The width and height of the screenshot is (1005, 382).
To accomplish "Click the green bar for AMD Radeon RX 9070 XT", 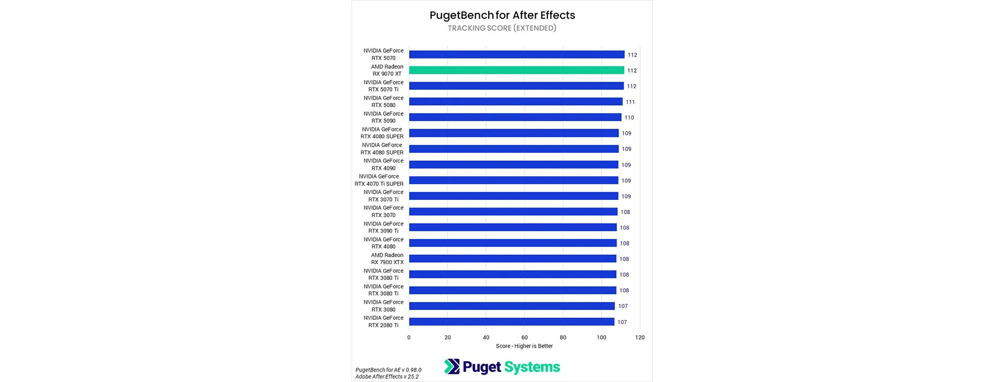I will (x=516, y=70).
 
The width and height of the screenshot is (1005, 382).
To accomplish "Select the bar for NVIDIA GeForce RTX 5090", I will (x=515, y=117).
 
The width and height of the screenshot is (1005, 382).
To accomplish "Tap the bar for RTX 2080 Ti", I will (x=511, y=321).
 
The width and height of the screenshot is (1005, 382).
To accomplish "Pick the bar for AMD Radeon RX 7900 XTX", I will (x=512, y=259).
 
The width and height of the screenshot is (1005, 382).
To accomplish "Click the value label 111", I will (x=630, y=102).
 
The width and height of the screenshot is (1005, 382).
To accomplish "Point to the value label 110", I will (x=629, y=117).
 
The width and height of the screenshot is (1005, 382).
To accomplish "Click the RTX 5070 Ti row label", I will (x=383, y=86).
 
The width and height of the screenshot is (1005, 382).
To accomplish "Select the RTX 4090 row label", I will (x=383, y=165).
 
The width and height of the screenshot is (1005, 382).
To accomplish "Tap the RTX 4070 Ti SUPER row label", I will (x=379, y=180).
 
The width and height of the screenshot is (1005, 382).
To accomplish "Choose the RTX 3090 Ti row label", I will (x=383, y=227).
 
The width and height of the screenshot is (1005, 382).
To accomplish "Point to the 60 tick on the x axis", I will (x=525, y=337).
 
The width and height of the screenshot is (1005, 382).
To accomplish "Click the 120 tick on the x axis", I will (x=640, y=337).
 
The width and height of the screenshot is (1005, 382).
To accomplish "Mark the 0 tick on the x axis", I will (x=409, y=337).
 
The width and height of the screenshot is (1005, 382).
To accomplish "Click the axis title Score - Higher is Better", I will (x=524, y=346).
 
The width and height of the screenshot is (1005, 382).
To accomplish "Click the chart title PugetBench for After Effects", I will (x=502, y=15).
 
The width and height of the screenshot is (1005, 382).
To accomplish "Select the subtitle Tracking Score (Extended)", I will (x=502, y=28).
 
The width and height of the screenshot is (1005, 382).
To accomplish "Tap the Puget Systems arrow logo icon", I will (x=452, y=367).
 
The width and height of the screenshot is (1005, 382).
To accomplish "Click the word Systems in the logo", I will (x=532, y=367).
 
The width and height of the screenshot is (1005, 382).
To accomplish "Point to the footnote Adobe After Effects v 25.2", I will (x=387, y=376).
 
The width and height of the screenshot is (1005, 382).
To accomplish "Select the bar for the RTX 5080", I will (x=515, y=102).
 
